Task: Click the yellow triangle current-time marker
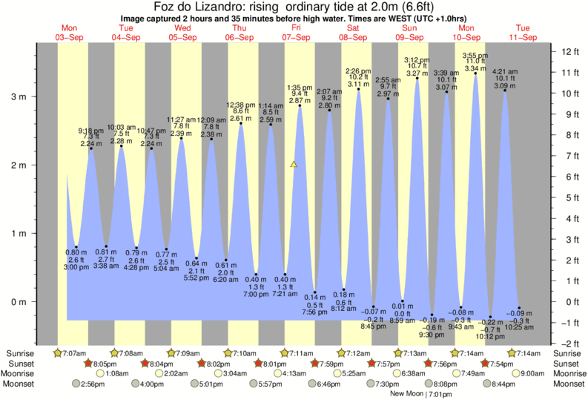294,164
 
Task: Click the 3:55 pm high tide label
475,56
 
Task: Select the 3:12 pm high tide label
417,60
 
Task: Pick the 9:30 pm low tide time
432,335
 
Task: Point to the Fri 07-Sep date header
295,32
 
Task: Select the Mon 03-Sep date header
68,32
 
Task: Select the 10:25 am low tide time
519,327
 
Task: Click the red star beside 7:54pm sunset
485,364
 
